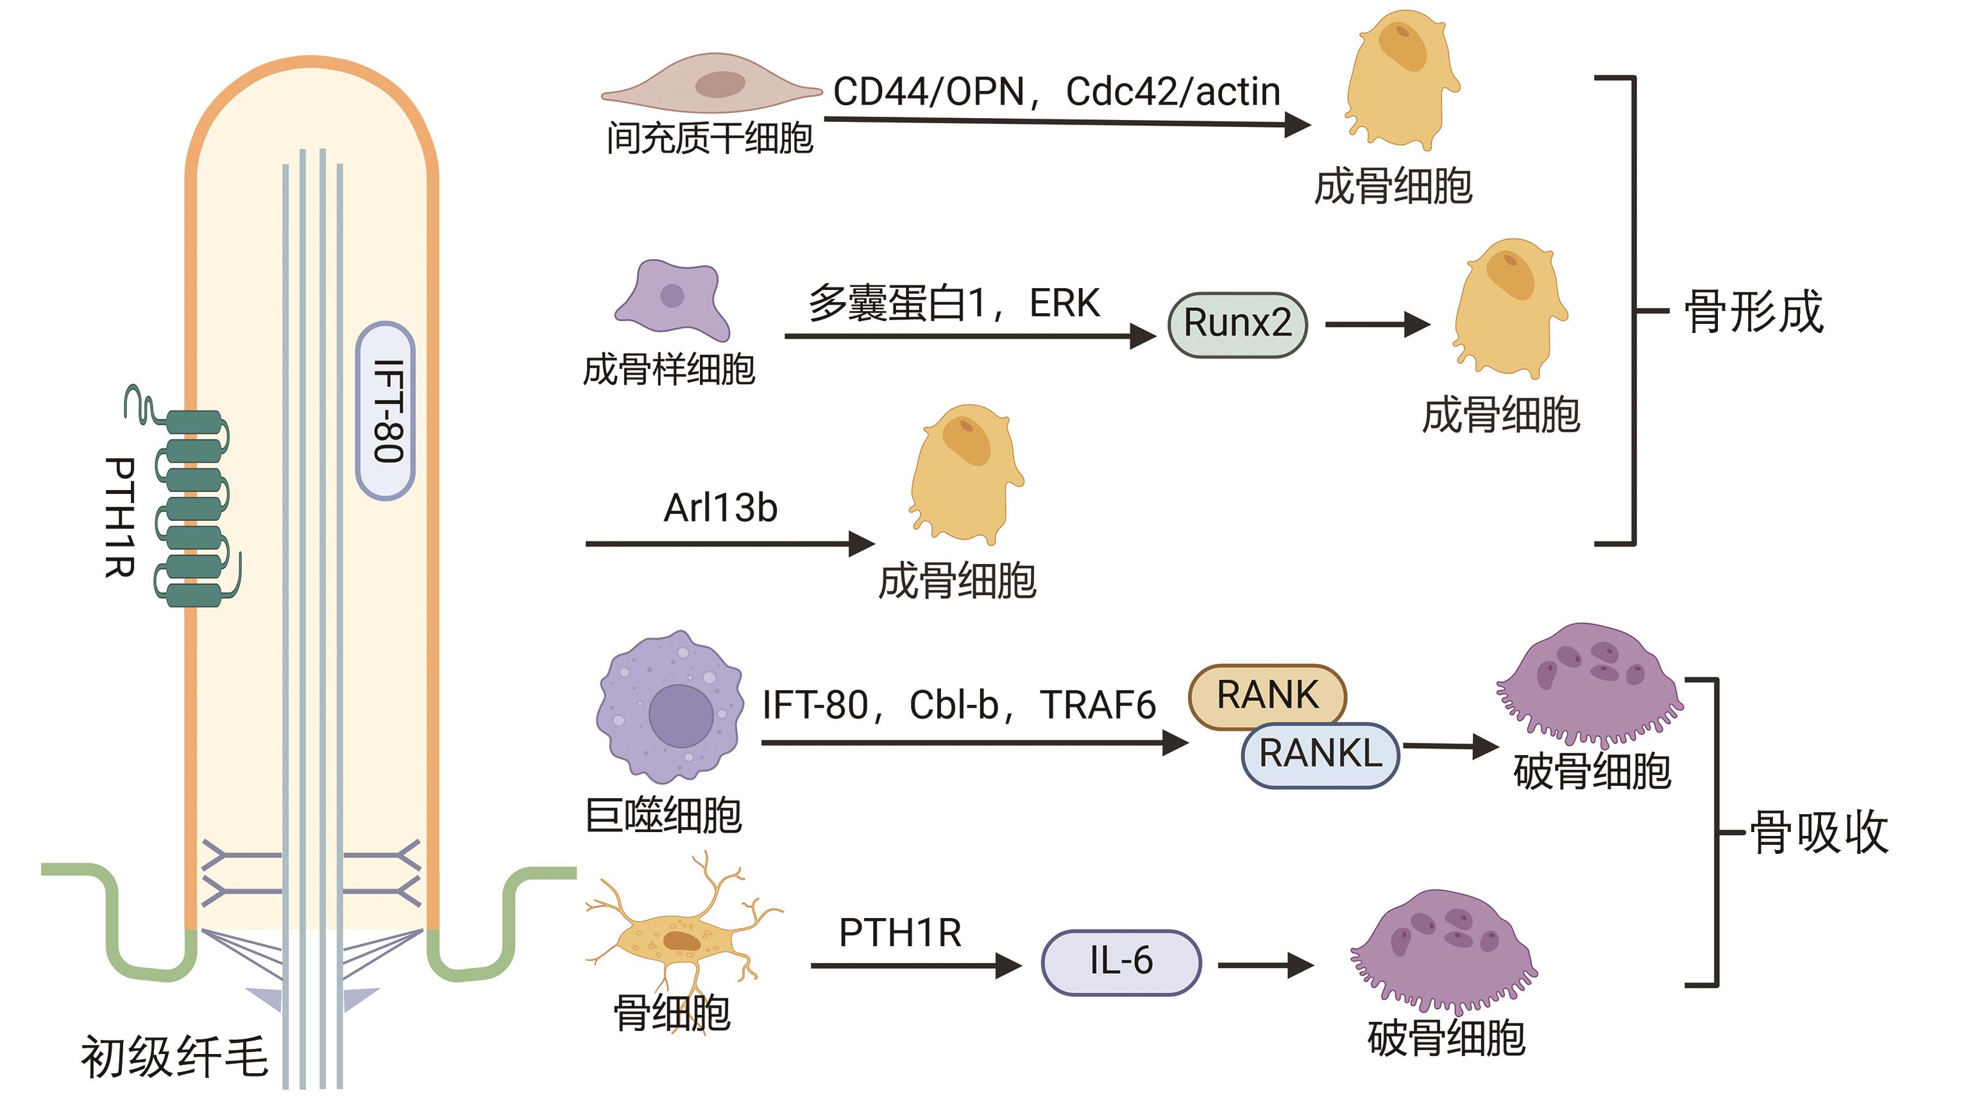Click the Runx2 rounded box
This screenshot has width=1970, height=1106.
coord(1237,325)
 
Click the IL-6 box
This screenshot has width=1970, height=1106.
coord(1121,962)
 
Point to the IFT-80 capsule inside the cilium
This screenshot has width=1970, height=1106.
coord(386,411)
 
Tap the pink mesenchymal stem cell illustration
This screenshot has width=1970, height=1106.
coord(711,84)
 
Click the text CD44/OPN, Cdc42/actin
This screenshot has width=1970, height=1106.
coord(1056,92)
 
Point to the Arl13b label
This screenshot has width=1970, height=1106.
coord(720,508)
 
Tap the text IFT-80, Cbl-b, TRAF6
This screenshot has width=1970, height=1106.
coord(958,705)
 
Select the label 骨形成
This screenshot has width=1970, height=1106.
coord(1754,312)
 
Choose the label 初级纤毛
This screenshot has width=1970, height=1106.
coord(174,1057)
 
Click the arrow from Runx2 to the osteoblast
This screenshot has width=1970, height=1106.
coord(1377,325)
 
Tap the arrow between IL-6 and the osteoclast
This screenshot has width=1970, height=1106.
coord(1265,966)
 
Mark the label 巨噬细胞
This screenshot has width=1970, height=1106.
coord(663,815)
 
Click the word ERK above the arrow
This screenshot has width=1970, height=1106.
coord(1064,303)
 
